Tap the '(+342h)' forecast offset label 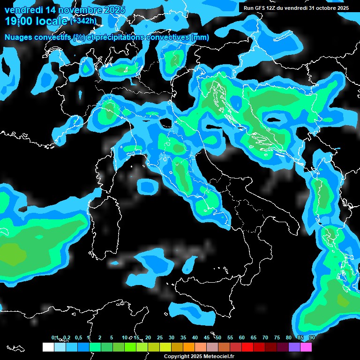[x=83, y=21]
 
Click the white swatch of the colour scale [x=48, y=347]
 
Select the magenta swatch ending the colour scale [x=306, y=347]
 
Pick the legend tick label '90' [x=312, y=337]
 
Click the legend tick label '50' [x=218, y=337]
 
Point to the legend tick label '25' [x=160, y=337]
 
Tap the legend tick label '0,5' [x=78, y=337]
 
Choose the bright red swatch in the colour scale [x=247, y=347]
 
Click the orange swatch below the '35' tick [x=189, y=347]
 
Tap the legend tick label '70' [x=265, y=337]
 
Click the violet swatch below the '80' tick [x=294, y=347]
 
